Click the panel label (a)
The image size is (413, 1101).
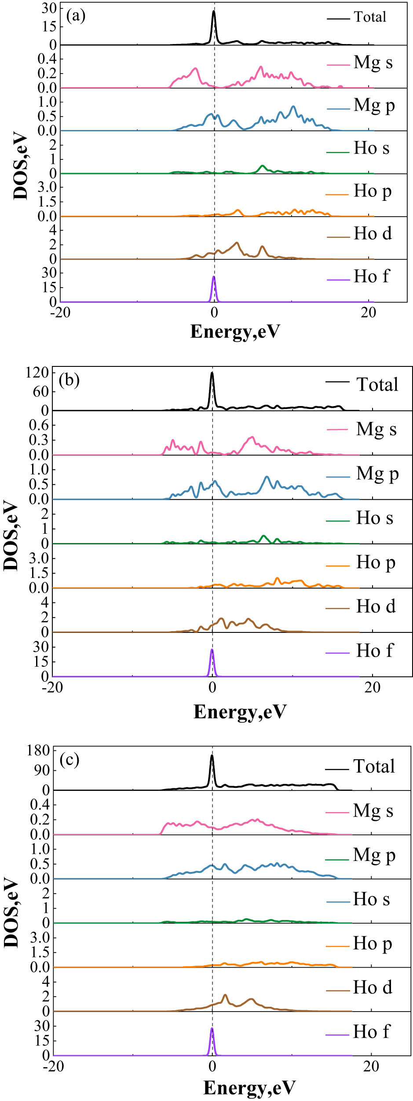76,16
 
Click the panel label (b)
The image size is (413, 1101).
69,380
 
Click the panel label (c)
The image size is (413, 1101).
69,760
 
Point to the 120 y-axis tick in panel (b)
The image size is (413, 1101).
37,373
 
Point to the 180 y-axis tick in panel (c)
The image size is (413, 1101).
38,750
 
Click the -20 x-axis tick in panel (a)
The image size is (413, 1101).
60,312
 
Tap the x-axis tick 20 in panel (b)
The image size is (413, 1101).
372,687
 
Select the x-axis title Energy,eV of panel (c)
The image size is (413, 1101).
249,1087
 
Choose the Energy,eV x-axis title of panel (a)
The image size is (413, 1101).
235,331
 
